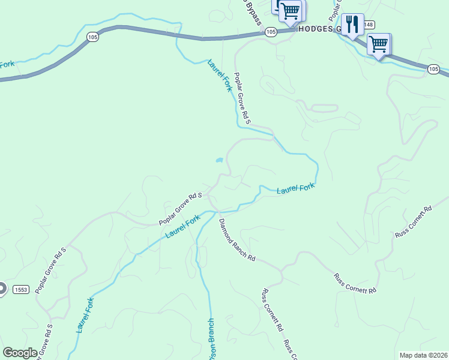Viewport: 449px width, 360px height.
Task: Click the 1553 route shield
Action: (x=21, y=289)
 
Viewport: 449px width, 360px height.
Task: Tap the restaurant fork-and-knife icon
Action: (x=352, y=24)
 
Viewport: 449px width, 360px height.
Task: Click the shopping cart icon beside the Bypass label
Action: (x=290, y=10)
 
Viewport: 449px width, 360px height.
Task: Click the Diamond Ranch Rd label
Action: (x=237, y=240)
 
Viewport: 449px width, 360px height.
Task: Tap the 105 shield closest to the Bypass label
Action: (x=270, y=32)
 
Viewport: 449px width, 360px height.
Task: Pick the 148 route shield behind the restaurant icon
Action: (x=368, y=25)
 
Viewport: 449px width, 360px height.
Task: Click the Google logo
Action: (x=20, y=353)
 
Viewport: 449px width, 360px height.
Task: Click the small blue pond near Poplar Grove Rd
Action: (x=219, y=161)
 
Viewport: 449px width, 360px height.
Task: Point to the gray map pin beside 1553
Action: (x=2, y=289)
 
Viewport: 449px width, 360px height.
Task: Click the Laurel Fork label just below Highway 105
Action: (x=219, y=74)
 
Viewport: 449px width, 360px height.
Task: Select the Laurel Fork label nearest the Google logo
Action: (x=85, y=315)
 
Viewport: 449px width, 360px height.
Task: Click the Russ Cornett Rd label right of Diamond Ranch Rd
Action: (x=355, y=283)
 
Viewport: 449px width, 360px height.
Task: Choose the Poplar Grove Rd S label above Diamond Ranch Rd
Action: (x=180, y=209)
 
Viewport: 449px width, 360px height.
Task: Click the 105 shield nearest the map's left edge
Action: (x=92, y=37)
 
